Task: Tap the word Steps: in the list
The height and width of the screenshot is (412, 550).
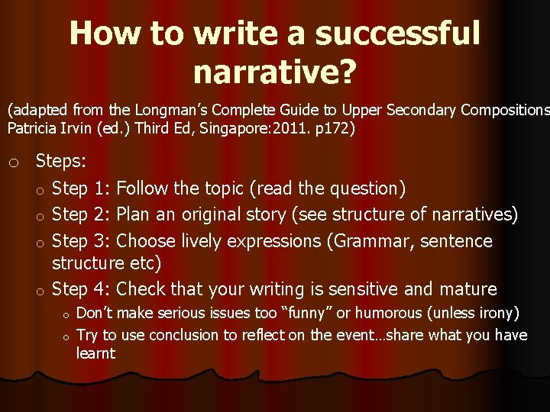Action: pyautogui.click(x=61, y=161)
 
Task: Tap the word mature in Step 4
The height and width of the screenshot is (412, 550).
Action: pyautogui.click(x=468, y=289)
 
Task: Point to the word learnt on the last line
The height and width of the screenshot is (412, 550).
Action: pyautogui.click(x=95, y=353)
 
